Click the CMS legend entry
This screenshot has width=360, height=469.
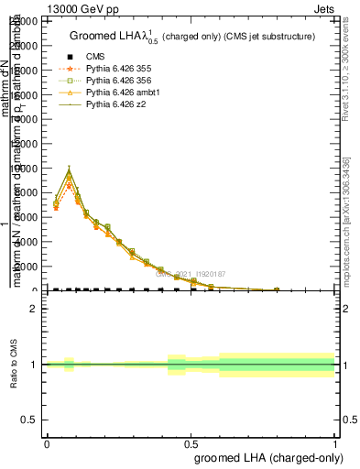(x=95, y=57)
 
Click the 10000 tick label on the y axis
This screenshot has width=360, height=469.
(x=24, y=169)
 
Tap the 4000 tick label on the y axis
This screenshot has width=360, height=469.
(x=27, y=242)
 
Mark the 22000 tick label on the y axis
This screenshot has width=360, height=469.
(x=24, y=21)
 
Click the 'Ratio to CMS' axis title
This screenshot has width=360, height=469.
(x=14, y=365)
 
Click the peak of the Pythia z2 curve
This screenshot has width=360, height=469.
(x=69, y=169)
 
